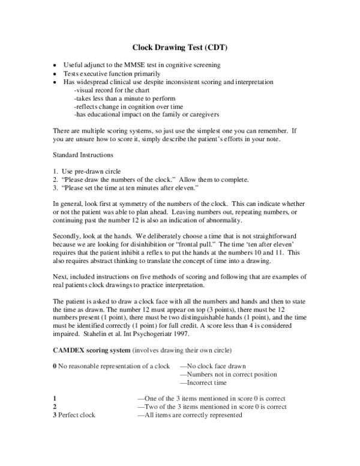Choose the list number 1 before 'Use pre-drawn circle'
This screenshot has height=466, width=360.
point(55,171)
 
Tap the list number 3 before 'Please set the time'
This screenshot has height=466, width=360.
point(55,188)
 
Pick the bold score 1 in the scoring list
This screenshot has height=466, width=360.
point(55,398)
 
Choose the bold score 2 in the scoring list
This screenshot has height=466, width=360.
point(55,407)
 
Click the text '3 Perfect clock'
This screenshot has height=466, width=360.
point(74,415)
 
